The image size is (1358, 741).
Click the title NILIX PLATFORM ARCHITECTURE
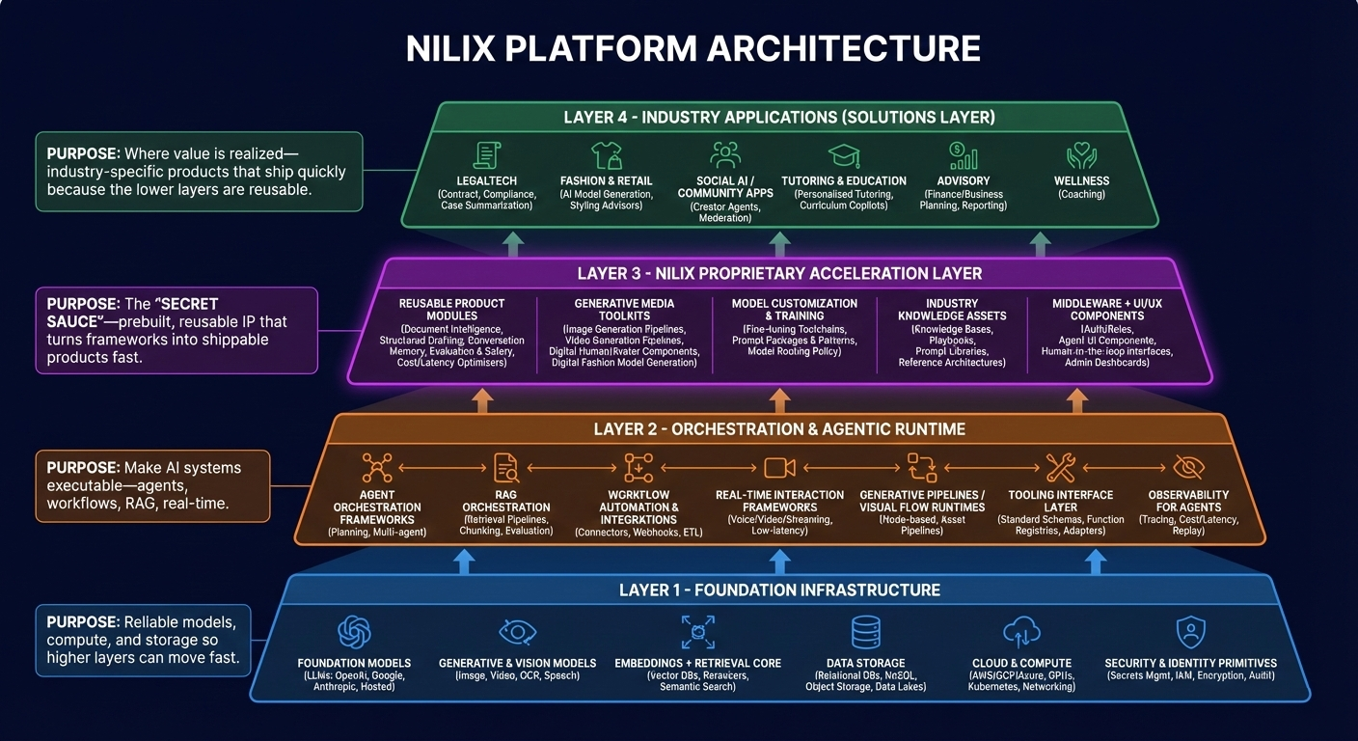pyautogui.click(x=693, y=48)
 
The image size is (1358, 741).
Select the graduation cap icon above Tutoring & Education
pyautogui.click(x=843, y=156)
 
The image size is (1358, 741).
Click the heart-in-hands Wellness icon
pyautogui.click(x=1082, y=156)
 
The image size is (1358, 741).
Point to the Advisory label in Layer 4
pyautogui.click(x=963, y=180)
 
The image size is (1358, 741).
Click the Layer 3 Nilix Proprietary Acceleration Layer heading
pyautogui.click(x=779, y=273)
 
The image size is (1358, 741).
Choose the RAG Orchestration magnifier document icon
pyautogui.click(x=505, y=468)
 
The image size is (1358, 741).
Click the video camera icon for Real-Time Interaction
pyautogui.click(x=779, y=468)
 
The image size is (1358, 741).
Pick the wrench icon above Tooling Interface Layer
pyautogui.click(x=1060, y=468)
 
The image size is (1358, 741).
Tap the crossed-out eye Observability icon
pyautogui.click(x=1188, y=468)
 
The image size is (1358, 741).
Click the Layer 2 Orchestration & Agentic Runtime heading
pyautogui.click(x=779, y=428)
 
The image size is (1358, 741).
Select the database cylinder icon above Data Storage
pyautogui.click(x=865, y=633)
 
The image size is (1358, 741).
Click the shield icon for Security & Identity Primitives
pyautogui.click(x=1190, y=633)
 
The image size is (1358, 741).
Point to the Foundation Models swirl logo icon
pyautogui.click(x=354, y=633)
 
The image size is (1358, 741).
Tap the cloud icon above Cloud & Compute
pyautogui.click(x=1022, y=633)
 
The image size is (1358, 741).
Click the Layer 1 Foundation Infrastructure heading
pyautogui.click(x=779, y=590)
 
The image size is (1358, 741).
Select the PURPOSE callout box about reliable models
pyautogui.click(x=143, y=639)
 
